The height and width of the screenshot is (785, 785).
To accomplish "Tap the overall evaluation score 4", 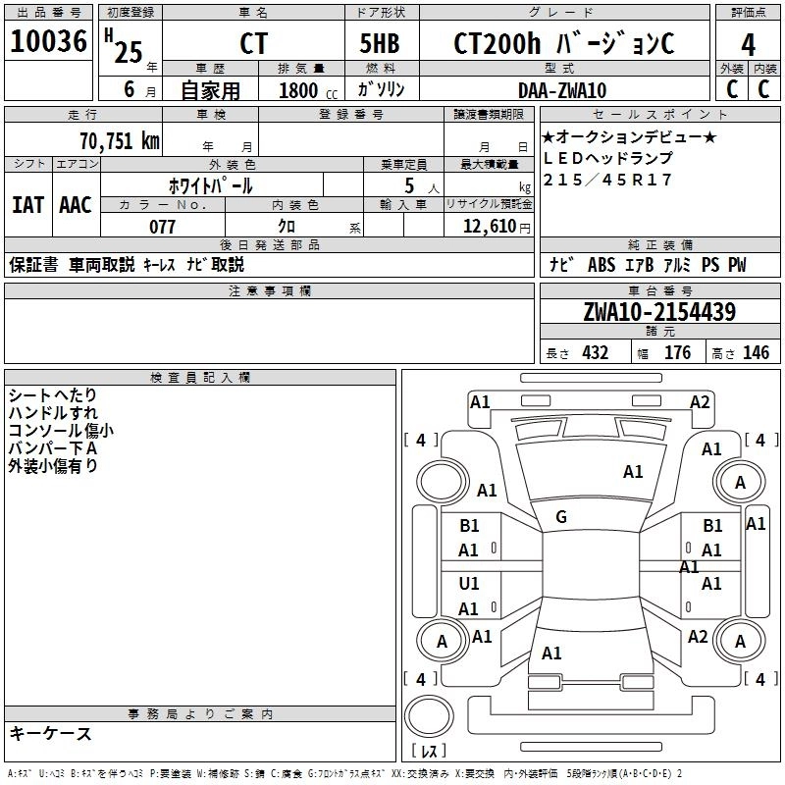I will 748,44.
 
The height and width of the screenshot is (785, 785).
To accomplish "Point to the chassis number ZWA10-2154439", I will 658,312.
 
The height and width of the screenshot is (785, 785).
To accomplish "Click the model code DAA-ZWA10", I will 562,90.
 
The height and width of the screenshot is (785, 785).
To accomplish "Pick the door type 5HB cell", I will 380,44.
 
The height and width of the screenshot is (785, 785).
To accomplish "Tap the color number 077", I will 162,227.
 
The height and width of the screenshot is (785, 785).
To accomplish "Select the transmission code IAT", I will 27,205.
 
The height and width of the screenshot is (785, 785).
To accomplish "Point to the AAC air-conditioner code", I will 76,205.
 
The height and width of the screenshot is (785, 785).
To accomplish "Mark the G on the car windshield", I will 561,517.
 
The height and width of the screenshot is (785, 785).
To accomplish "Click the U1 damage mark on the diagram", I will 469,584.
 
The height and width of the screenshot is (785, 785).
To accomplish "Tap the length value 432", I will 595,352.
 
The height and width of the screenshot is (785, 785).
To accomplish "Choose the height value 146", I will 756,352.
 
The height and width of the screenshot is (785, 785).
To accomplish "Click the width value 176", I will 677,352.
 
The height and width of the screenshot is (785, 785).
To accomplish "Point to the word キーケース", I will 51,733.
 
